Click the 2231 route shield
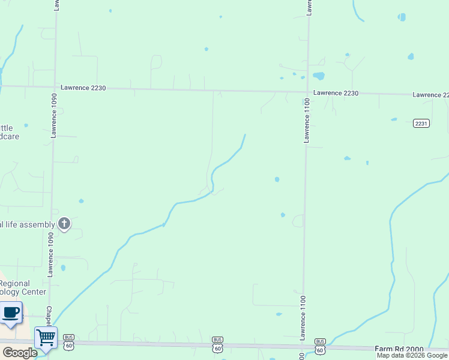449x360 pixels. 421,124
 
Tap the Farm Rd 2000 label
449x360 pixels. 399,349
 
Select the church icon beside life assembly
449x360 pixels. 64,224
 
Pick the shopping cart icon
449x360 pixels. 45,337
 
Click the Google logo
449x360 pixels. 20,353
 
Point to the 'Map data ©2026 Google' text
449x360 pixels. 412,355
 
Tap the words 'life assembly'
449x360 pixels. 28,225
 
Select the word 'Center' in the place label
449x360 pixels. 34,292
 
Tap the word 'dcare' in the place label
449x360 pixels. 9,136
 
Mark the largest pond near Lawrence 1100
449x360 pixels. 318,76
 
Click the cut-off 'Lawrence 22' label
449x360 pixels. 430,95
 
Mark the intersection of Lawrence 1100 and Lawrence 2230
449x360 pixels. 308,92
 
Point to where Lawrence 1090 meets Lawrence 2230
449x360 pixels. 55,87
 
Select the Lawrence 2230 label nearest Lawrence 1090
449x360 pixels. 82,88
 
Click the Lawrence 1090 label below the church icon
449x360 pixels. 51,258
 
